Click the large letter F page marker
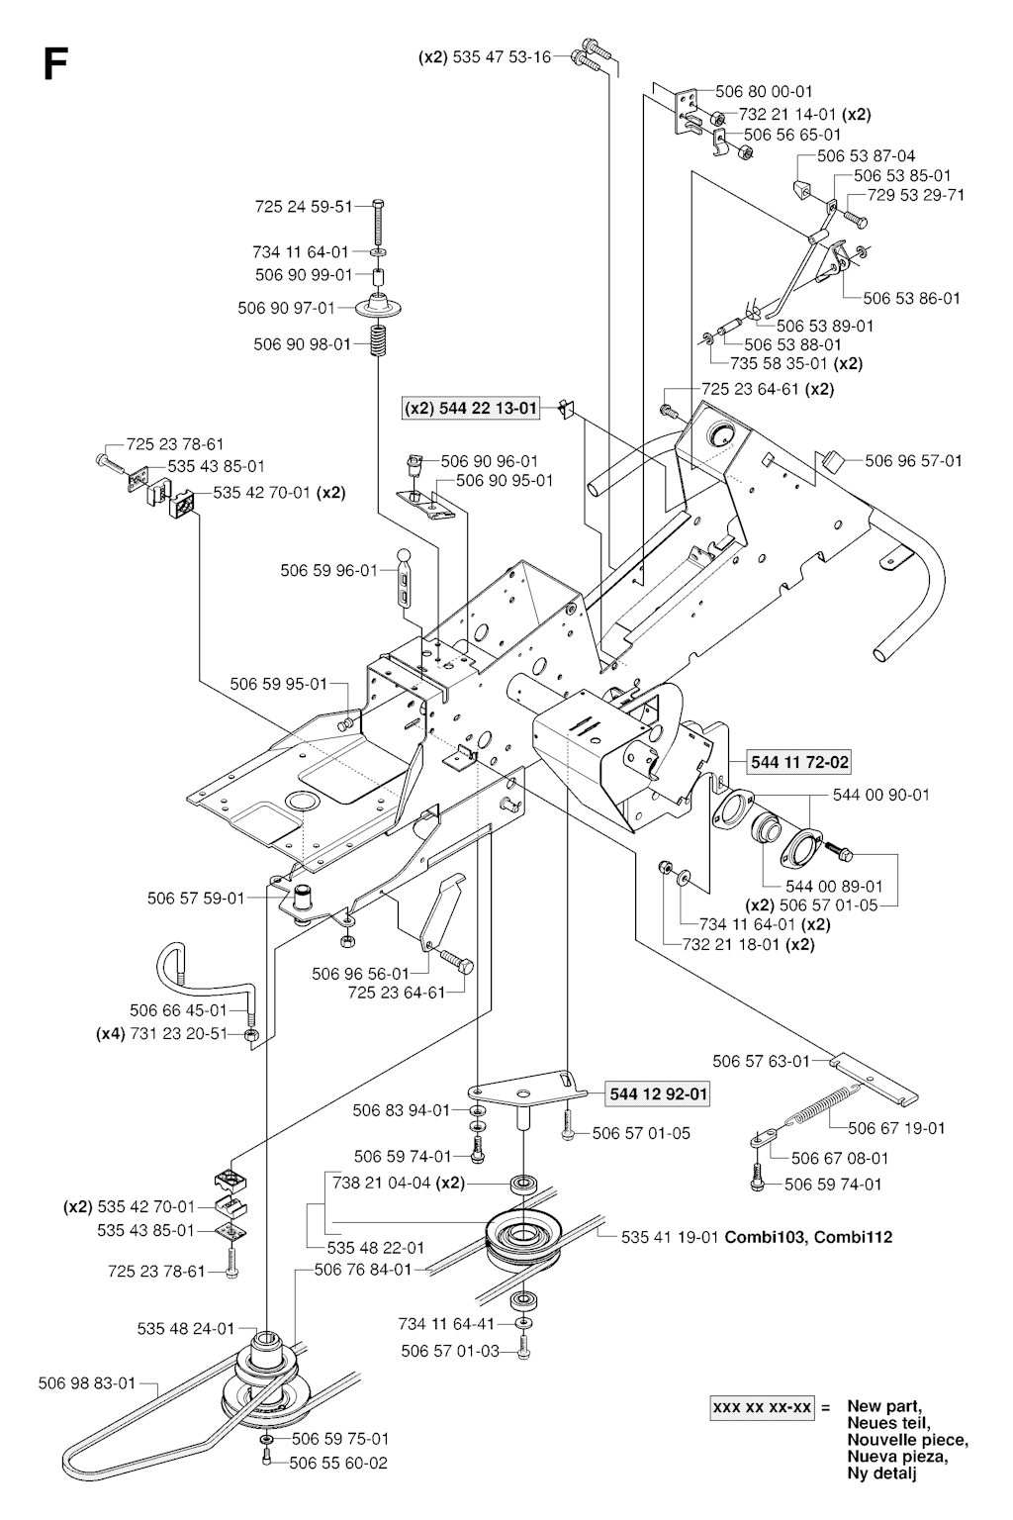tap(55, 65)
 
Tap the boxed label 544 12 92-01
tap(660, 1094)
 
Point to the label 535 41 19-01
tap(672, 1236)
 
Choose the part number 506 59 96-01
tap(329, 570)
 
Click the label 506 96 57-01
tap(913, 460)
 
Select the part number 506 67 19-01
tap(896, 1127)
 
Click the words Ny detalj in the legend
tap(881, 1473)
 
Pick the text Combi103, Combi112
tap(809, 1236)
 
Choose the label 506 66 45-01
tap(178, 1010)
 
